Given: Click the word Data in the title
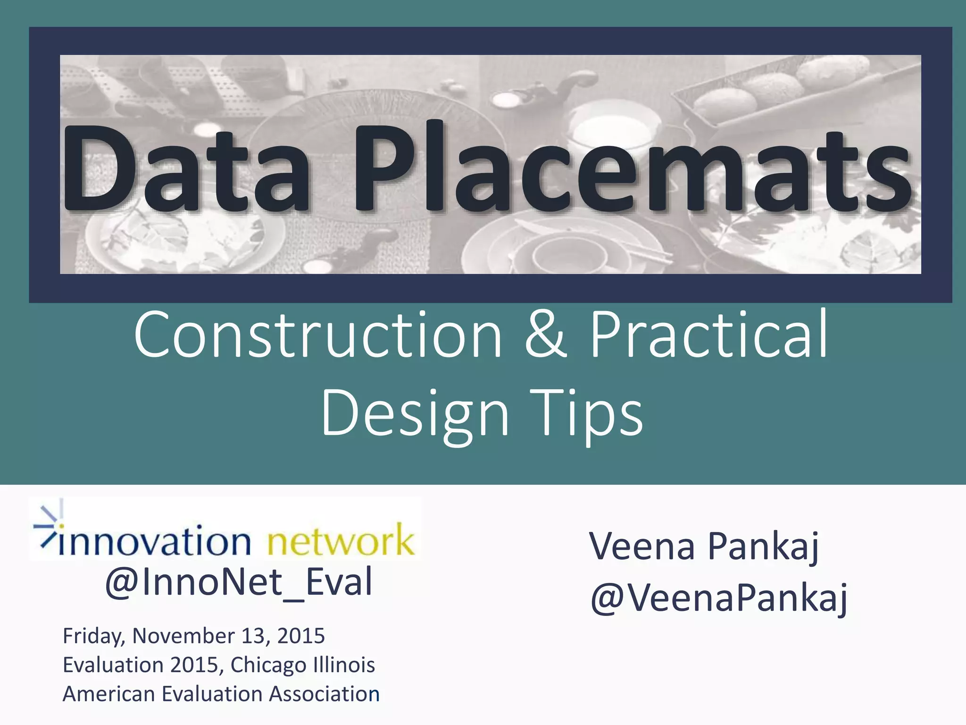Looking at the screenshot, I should click(x=186, y=169).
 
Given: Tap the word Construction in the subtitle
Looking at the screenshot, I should click(x=318, y=335).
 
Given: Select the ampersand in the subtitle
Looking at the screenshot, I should click(x=546, y=335).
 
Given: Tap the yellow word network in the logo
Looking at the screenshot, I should click(x=341, y=541).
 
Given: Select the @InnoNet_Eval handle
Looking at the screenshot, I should click(x=239, y=582).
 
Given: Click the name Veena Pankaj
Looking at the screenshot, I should click(x=704, y=547).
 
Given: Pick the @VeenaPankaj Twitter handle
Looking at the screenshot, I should click(x=718, y=599).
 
